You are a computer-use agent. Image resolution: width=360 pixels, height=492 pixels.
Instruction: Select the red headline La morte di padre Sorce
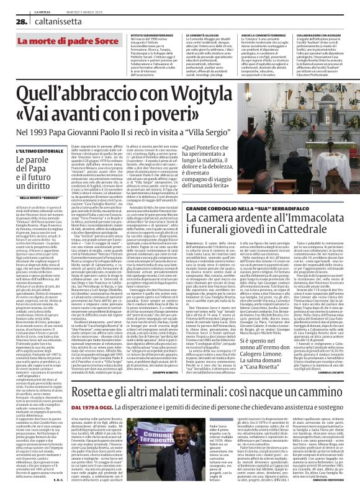click(61, 41)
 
